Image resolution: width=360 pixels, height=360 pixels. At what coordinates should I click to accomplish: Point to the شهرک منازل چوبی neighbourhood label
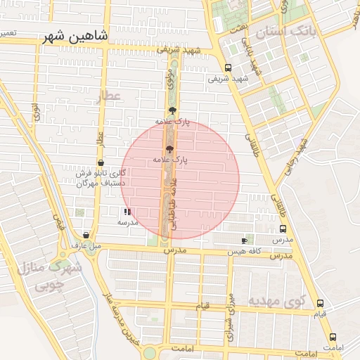pos(50,276)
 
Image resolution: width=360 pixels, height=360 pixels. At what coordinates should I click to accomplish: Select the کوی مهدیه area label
pos(276,301)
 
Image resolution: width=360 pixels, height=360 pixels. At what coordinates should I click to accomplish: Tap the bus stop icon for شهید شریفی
pos(228,68)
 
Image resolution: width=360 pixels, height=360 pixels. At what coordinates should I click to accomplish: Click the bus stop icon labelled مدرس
pos(283,229)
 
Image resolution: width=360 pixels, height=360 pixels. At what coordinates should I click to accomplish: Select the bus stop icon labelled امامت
pos(333,337)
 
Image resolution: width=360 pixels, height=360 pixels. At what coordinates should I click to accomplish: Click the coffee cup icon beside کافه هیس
pos(245,240)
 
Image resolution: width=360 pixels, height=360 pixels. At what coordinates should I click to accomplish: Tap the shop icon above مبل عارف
pos(86,236)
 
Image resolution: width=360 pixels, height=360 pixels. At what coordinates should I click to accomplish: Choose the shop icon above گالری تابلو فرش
pos(101,163)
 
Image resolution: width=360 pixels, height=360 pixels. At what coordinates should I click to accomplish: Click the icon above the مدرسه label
pos(127,211)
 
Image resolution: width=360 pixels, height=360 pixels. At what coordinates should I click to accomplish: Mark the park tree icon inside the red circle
pos(169,149)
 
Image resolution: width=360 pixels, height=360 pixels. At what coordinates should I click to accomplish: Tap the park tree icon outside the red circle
pos(173,110)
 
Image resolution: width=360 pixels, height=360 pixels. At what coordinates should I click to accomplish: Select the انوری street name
pos(35,112)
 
